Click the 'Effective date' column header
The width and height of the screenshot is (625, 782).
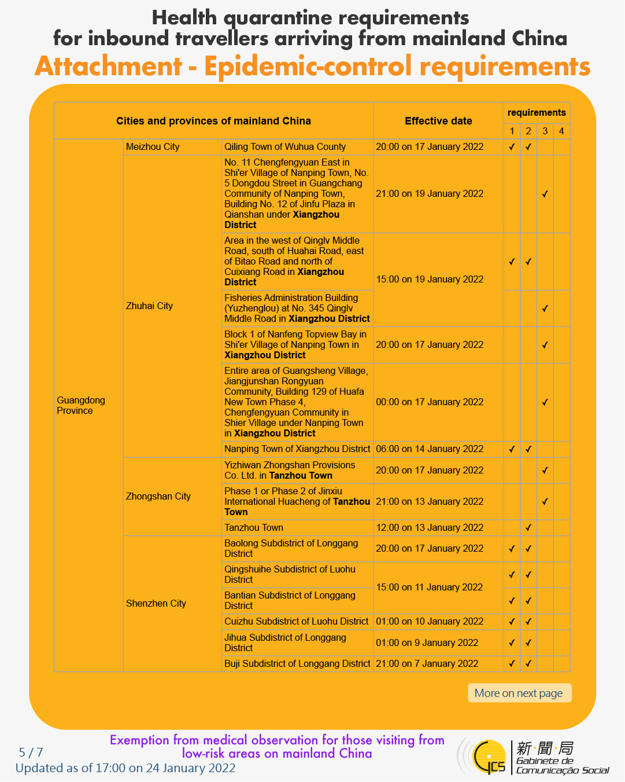pos(438,121)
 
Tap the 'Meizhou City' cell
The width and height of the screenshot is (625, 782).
pos(153,147)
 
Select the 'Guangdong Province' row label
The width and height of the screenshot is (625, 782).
pos(81,405)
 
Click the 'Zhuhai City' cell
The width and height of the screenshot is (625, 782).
pos(149,306)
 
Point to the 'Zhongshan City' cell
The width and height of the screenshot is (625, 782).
pos(158,497)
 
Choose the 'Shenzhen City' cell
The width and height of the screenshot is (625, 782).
pos(156,604)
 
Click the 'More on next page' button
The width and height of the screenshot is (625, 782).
pos(519,693)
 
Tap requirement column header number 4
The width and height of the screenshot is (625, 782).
pos(561,131)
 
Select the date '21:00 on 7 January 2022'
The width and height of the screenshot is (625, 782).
pos(427,664)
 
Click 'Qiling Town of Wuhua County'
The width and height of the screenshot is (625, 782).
pos(285,147)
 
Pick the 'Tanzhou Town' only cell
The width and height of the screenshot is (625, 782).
pos(254,528)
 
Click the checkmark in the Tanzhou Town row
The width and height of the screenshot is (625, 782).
pos(528,528)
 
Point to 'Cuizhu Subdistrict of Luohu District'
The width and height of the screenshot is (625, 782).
pos(296,622)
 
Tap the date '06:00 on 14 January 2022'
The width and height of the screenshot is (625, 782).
pos(430,449)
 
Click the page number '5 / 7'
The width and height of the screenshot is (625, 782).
pos(31,752)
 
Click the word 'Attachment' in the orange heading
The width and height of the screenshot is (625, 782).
pos(108,67)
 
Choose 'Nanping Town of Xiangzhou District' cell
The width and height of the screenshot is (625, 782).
pos(297,449)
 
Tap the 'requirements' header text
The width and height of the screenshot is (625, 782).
pos(537,113)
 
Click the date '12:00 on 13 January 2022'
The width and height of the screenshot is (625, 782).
pos(430,528)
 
